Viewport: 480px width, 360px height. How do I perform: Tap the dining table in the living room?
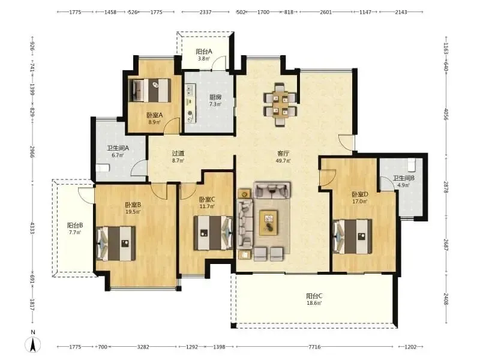click(280, 104)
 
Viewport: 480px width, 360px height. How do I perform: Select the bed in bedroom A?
click(149, 91)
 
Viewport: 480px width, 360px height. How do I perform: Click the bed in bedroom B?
click(116, 244)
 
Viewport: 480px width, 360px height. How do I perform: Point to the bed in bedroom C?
click(213, 233)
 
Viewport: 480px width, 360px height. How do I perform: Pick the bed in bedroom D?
click(352, 236)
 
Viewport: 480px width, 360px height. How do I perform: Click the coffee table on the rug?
click(268, 223)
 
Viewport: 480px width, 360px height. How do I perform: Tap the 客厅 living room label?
click(283, 154)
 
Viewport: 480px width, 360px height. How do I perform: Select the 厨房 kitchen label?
click(215, 97)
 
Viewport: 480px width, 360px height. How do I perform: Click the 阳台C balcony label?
click(314, 296)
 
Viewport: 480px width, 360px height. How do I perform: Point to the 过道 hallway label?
click(178, 153)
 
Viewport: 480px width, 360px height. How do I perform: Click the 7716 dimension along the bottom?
click(314, 347)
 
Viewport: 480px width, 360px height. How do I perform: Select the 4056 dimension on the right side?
click(446, 114)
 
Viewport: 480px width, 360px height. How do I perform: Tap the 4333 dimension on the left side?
click(32, 229)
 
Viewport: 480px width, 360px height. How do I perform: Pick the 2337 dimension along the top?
click(205, 12)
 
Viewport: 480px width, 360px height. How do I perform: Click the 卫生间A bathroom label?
click(118, 148)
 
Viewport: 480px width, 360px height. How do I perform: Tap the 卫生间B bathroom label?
click(404, 178)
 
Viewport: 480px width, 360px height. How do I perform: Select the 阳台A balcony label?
click(204, 52)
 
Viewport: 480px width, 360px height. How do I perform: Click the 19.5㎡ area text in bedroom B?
click(133, 212)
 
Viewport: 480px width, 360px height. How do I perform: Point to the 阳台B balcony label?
click(75, 226)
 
